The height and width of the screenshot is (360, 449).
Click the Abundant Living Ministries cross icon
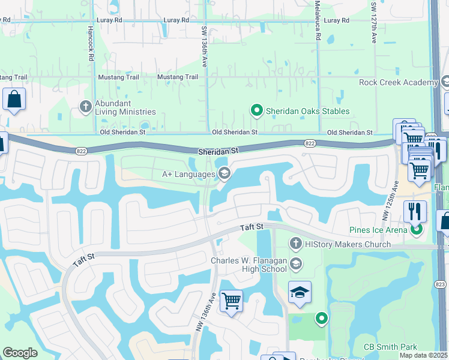[86, 107]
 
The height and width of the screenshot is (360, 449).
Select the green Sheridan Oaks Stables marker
[257, 110]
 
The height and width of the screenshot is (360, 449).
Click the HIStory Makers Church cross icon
[295, 244]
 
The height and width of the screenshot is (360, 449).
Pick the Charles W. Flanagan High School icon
[295, 263]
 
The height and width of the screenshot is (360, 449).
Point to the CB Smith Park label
[390, 347]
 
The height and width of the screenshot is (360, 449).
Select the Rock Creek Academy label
[399, 82]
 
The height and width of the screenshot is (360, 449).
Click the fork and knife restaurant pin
[415, 211]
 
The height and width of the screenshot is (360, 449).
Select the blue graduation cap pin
[300, 292]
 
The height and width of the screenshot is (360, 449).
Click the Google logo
[20, 353]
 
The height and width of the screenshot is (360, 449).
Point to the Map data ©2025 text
[424, 355]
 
